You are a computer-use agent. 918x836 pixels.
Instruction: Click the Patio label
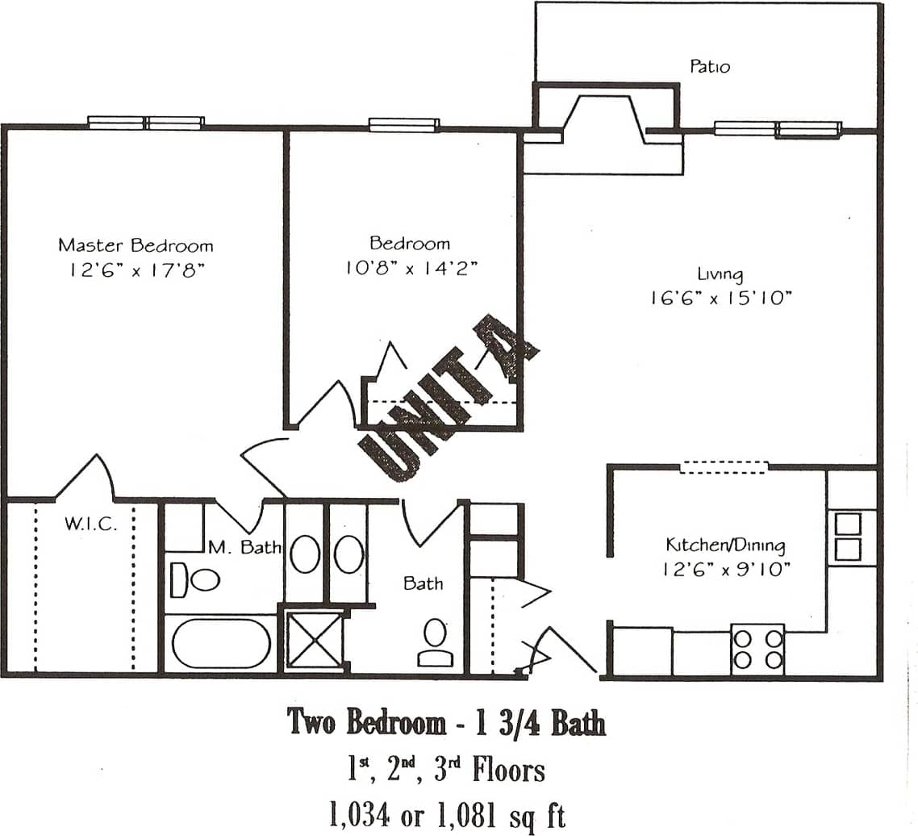709,66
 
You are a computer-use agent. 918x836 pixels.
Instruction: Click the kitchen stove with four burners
757,650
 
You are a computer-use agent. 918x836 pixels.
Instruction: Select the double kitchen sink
848,537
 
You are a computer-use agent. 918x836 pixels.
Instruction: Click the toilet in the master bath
196,579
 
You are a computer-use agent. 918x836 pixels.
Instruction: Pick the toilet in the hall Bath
436,642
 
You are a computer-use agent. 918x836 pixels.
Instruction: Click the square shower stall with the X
314,641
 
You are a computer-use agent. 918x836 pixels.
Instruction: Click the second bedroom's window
404,125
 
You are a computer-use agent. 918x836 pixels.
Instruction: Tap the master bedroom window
146,123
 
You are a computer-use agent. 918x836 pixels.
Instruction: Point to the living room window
778,129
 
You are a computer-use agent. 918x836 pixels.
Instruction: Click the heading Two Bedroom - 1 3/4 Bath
447,723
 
